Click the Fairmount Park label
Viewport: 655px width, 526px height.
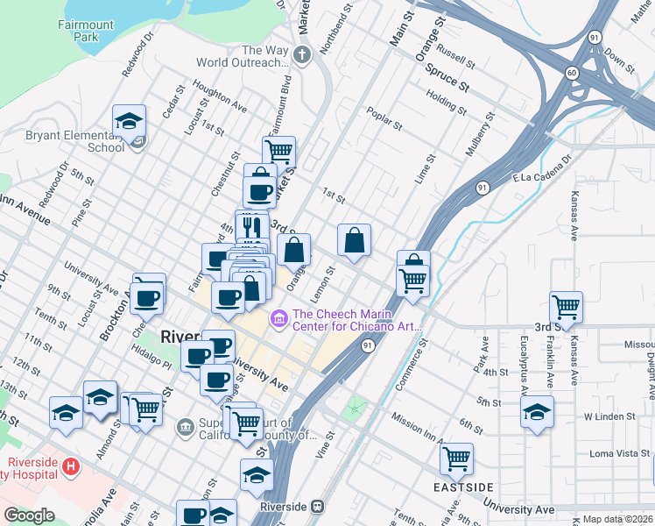[x=86, y=32]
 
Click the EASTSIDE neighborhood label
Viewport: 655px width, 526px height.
[x=463, y=487]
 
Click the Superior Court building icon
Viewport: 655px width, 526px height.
[x=185, y=428]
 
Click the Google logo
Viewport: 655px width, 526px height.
[x=29, y=515]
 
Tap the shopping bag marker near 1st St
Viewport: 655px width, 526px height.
[x=354, y=241]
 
